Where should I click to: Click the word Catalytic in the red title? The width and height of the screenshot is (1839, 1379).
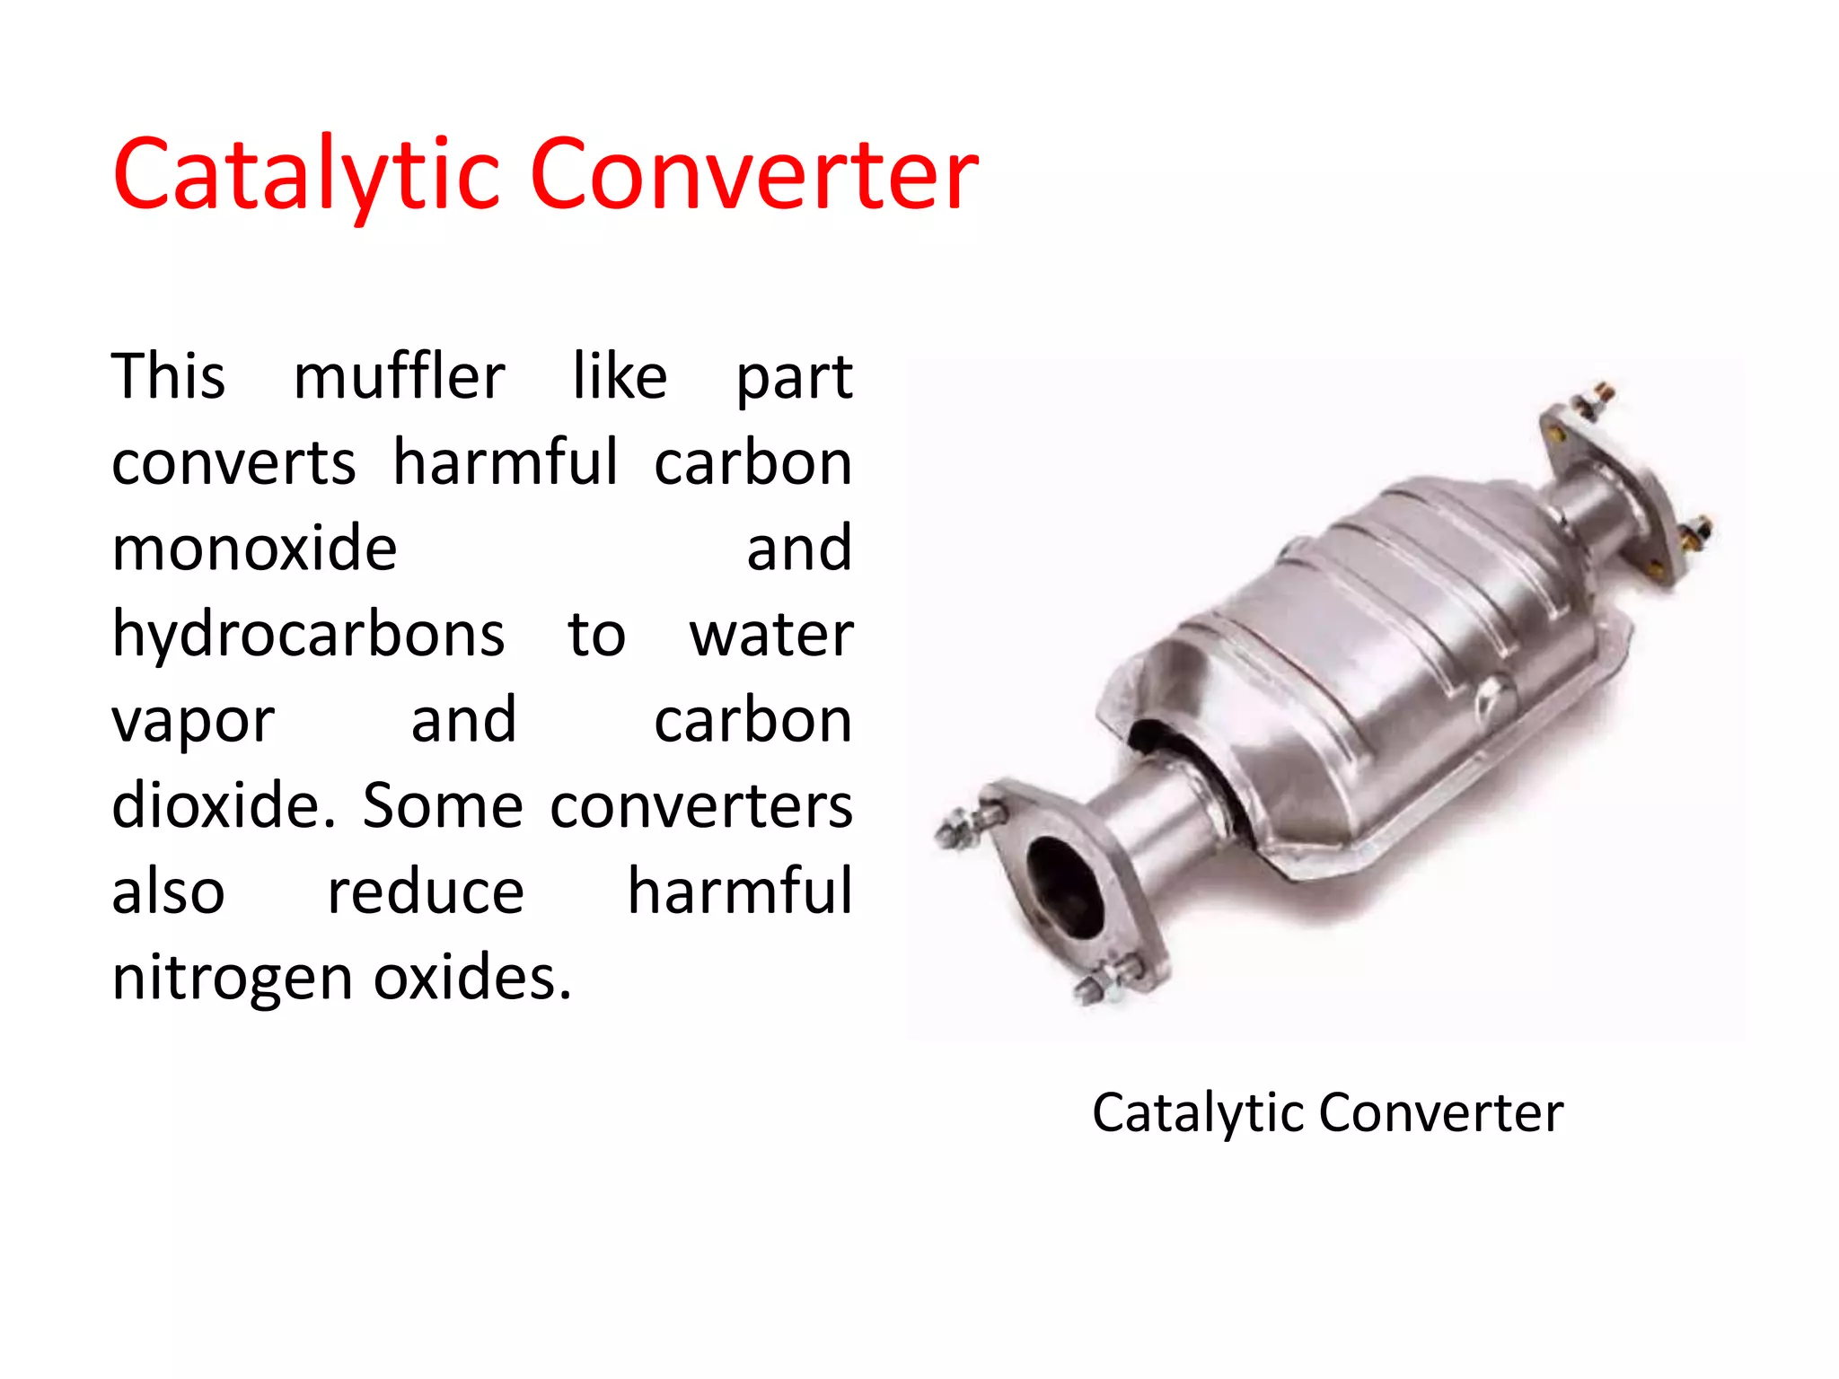(305, 175)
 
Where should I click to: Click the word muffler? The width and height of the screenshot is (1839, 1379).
(399, 376)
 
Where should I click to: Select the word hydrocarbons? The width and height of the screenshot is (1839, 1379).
(308, 634)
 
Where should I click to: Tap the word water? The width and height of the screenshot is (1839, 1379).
(770, 634)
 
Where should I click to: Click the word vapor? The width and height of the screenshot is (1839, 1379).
(193, 720)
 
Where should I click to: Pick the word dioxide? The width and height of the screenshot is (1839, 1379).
(224, 805)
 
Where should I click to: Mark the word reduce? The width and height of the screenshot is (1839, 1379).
(426, 892)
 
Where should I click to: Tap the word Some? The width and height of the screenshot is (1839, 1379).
(443, 805)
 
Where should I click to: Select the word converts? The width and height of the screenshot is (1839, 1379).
(233, 462)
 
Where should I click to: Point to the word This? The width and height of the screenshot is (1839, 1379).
(168, 376)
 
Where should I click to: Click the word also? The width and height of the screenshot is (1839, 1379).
(168, 892)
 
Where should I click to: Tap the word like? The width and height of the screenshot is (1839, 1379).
(620, 376)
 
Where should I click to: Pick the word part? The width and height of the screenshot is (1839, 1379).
(794, 376)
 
